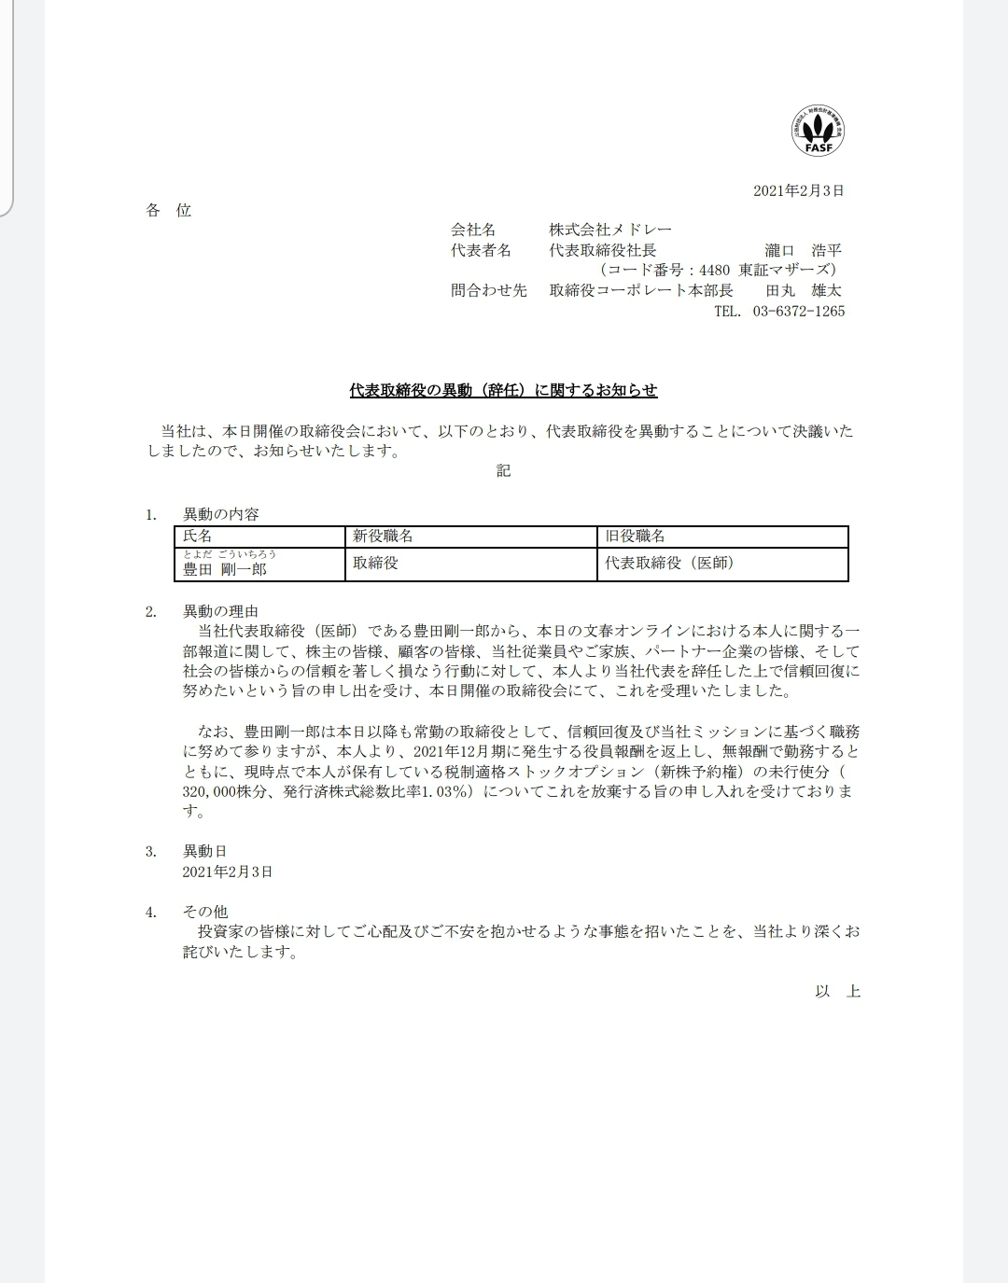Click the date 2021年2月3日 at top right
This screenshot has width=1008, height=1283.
(x=798, y=190)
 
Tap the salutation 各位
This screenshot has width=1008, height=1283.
(x=168, y=211)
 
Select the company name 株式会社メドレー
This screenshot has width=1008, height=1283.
(x=609, y=230)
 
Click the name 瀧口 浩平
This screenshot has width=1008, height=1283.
(x=803, y=250)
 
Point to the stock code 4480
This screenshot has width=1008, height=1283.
(x=714, y=271)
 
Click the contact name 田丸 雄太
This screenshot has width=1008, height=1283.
(x=804, y=290)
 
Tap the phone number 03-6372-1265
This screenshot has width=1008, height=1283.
(x=798, y=311)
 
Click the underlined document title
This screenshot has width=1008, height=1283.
(x=503, y=390)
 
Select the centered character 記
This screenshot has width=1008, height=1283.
(x=503, y=470)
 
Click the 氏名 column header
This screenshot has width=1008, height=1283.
(x=198, y=537)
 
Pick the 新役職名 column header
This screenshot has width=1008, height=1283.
(x=383, y=537)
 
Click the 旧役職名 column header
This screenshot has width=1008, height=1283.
(x=635, y=537)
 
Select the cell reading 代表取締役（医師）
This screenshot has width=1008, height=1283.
(x=668, y=563)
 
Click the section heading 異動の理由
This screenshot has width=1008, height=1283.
(x=220, y=612)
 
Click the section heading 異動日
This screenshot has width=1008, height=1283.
(x=204, y=851)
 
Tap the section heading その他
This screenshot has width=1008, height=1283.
(x=204, y=912)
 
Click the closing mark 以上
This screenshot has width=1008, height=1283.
(x=837, y=991)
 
